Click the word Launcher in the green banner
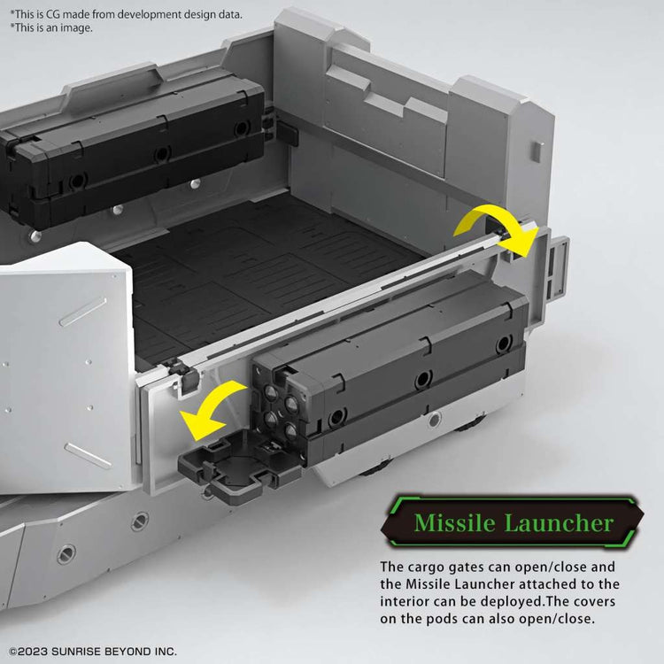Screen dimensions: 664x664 coord(559,522)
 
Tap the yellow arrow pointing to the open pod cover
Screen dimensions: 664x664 coord(212,410)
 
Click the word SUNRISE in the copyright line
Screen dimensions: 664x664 coord(76,652)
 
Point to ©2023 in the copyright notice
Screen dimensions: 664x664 coord(28,652)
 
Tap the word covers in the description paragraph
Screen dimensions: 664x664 coord(596,602)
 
